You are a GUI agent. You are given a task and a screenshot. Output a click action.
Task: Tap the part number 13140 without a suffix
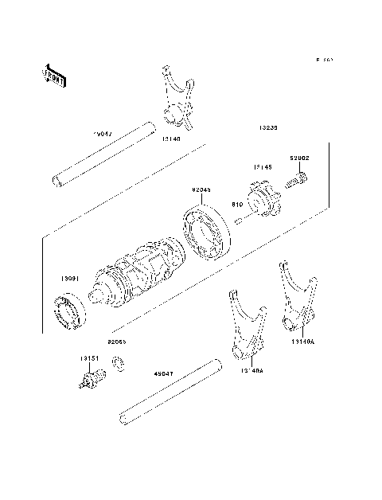[x=171, y=138]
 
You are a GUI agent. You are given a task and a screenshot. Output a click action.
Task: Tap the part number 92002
[x=299, y=159]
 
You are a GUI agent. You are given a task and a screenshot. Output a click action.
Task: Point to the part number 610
[x=236, y=204]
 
